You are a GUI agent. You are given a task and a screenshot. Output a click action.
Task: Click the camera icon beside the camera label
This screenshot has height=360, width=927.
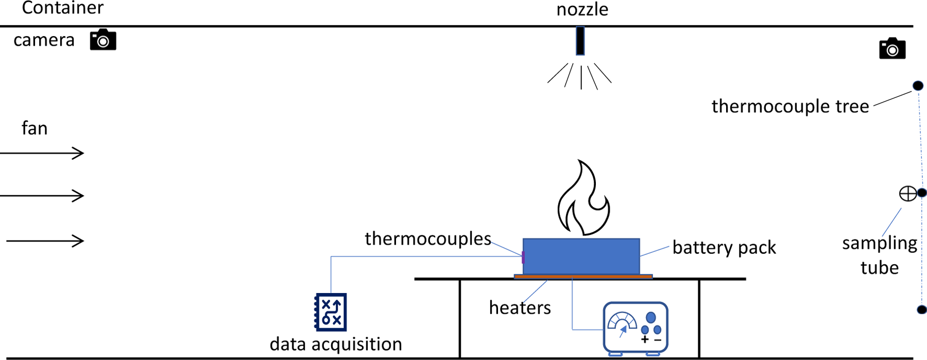tap(103, 40)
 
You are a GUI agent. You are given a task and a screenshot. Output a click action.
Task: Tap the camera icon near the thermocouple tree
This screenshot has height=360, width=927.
tap(892, 49)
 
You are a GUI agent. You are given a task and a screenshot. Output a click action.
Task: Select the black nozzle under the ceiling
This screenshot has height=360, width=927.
tap(580, 41)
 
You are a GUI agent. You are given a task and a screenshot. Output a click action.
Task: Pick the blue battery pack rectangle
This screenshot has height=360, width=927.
tap(581, 256)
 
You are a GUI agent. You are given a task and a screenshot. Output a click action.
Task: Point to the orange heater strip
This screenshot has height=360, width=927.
tap(583, 277)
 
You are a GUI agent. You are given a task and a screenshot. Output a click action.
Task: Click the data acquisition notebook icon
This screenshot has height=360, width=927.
tap(331, 312)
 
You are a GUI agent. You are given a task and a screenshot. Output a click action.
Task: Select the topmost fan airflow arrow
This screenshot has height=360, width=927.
tap(43, 153)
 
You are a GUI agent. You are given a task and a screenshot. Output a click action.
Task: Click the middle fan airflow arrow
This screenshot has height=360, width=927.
tap(43, 196)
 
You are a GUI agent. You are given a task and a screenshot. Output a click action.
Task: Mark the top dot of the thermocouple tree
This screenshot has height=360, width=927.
tap(918, 85)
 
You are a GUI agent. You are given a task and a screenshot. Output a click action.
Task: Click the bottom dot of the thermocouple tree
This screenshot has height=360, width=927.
tap(921, 310)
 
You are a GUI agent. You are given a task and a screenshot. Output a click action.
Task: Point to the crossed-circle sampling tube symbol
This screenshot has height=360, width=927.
tap(907, 194)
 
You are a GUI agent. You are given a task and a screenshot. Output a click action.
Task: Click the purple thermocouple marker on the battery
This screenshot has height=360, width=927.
tap(523, 257)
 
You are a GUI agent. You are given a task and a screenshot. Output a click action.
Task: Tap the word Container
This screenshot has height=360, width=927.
tap(63, 8)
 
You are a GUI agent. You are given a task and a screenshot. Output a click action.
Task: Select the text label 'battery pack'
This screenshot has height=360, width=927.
tap(724, 248)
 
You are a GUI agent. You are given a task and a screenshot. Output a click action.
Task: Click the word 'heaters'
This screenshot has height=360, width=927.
tap(520, 308)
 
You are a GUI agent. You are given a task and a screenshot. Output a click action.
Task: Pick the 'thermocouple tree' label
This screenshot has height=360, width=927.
tap(790, 107)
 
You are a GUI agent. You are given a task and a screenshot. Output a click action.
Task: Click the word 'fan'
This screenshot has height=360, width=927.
tap(35, 128)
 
